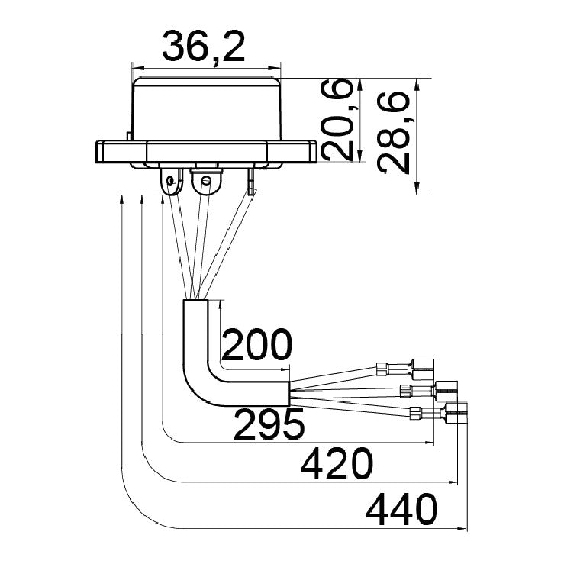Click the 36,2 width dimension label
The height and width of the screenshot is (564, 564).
[x=204, y=47]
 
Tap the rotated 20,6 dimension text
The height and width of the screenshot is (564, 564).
[x=337, y=119]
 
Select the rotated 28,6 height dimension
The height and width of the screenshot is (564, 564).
[x=393, y=133]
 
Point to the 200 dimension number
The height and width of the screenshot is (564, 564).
[x=256, y=345]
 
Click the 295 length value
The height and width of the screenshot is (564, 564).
[x=269, y=424]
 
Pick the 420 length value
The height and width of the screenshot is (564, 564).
[x=337, y=464]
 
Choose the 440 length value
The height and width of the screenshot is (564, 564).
[x=401, y=510]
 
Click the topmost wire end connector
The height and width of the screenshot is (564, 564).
[x=404, y=369]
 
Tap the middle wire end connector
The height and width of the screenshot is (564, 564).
[x=428, y=391]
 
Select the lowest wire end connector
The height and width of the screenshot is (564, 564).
[x=439, y=413]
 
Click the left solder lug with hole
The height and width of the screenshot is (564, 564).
[x=171, y=181]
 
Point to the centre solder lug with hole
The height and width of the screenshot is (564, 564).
[x=206, y=181]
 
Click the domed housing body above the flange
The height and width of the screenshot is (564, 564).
[x=207, y=109]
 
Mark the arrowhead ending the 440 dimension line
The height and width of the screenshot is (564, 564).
[x=462, y=528]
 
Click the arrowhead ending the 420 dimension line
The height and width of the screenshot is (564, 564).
[x=453, y=482]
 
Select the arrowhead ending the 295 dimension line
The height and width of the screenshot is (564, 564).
[x=430, y=443]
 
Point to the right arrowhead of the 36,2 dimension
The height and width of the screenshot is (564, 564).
[x=276, y=68]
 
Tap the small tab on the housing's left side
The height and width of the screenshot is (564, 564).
[x=129, y=136]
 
